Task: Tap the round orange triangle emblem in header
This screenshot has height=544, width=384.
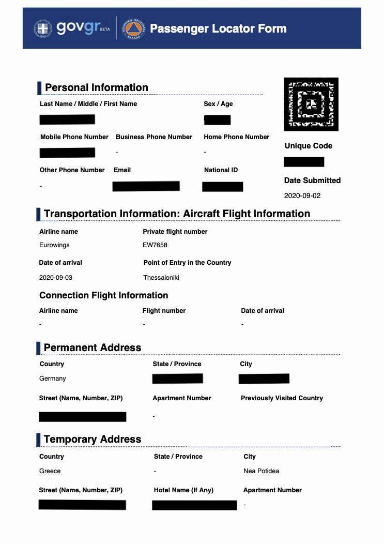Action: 133,28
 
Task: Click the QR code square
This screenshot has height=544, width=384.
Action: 311,104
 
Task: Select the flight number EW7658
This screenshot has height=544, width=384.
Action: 155,245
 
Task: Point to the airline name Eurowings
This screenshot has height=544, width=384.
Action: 54,245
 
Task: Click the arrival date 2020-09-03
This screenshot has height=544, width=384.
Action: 56,278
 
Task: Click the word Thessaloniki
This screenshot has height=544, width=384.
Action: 161,278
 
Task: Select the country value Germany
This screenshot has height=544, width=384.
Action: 53,379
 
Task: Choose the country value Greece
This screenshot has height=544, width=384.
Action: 50,471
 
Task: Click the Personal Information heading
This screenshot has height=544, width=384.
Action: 97,87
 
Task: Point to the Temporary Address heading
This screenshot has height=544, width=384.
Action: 93,440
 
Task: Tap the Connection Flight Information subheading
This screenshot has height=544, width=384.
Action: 104,295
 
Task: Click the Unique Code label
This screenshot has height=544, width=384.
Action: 309,146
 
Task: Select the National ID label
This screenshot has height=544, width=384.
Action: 221,170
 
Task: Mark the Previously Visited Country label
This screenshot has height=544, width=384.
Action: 282,398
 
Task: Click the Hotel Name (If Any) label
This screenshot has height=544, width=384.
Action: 183,490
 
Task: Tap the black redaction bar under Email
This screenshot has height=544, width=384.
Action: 146,186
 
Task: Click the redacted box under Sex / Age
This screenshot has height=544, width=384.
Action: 217,120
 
